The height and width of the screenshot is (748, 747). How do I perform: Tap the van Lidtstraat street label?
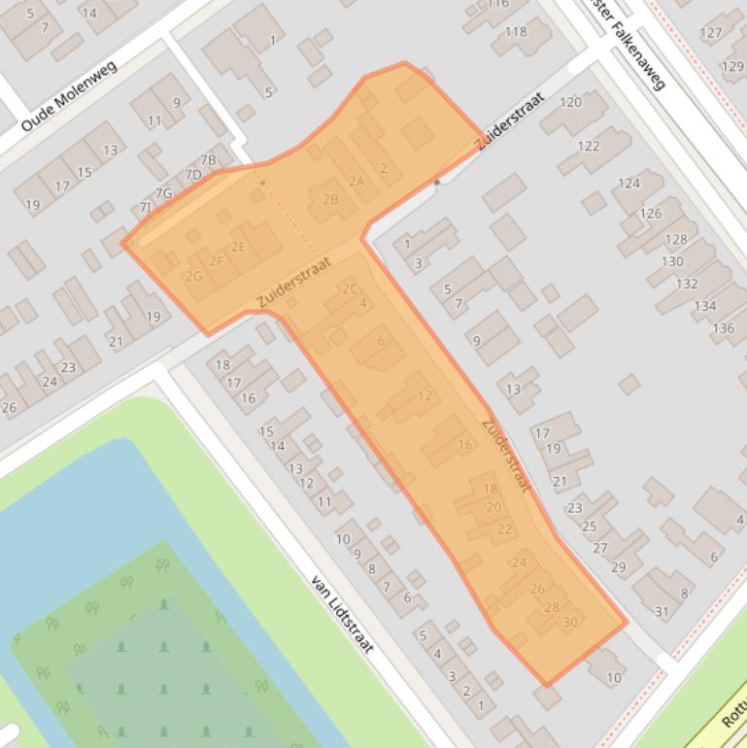click(343, 613)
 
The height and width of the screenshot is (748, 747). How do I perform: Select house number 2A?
click(357, 181)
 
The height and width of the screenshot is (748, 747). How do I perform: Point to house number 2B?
click(330, 200)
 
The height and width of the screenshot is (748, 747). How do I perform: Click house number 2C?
click(350, 289)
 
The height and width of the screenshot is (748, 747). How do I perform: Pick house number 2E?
click(238, 247)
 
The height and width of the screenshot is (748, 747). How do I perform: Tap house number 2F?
click(217, 260)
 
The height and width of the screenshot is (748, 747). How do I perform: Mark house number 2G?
click(194, 276)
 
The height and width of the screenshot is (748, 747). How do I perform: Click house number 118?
click(516, 31)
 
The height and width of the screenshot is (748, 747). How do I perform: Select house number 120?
click(571, 102)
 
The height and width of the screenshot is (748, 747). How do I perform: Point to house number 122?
click(589, 146)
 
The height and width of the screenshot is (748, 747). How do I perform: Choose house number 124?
click(628, 183)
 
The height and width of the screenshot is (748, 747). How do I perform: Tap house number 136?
click(724, 328)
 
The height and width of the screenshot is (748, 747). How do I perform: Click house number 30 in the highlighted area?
click(570, 622)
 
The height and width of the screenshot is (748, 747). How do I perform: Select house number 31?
click(662, 611)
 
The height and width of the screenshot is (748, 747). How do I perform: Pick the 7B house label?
click(209, 160)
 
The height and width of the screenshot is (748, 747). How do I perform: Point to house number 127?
click(711, 32)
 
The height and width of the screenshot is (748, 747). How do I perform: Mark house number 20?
click(493, 507)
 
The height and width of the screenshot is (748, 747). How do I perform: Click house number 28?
click(552, 607)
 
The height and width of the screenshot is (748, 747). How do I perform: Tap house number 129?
click(732, 66)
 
